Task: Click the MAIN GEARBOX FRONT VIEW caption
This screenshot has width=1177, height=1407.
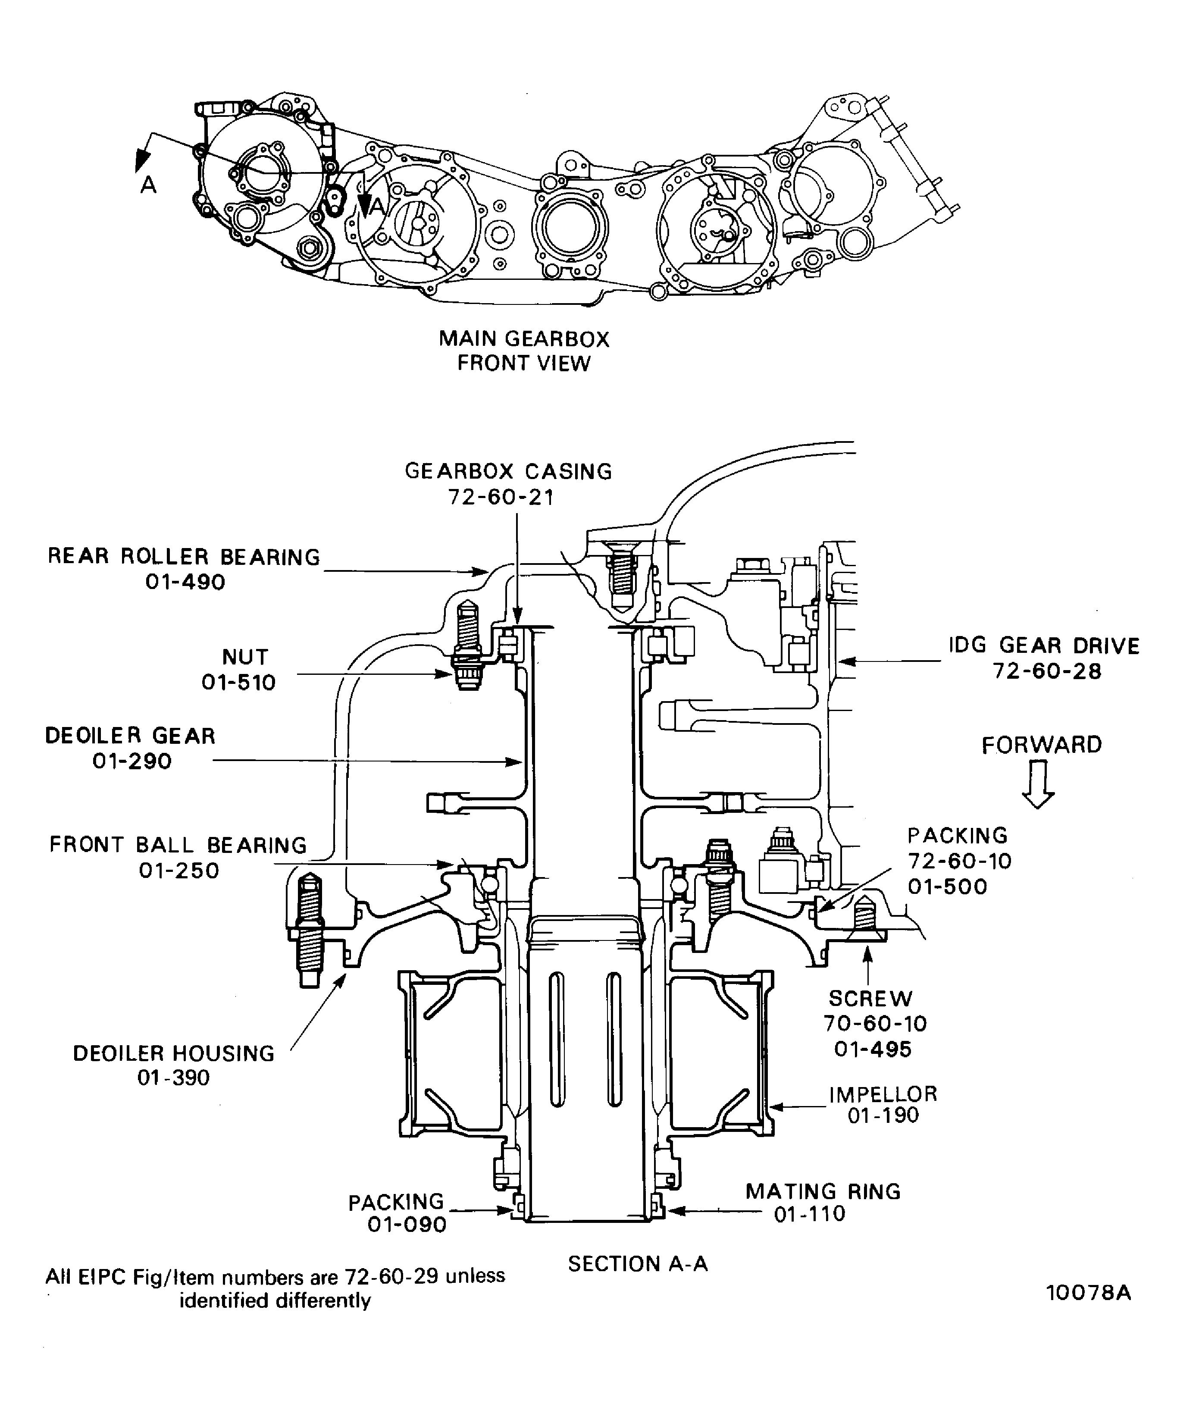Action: (x=524, y=351)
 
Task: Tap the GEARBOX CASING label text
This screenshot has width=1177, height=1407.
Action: (x=508, y=472)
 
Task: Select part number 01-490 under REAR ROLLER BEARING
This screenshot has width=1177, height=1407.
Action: (x=185, y=582)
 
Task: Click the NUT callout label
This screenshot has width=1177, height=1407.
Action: (x=245, y=657)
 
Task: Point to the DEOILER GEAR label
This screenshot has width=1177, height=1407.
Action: (x=130, y=736)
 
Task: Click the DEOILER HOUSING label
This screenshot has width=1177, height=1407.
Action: (x=173, y=1053)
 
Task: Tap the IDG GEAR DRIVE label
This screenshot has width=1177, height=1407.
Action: (x=1044, y=646)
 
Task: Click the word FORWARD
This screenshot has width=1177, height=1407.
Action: (x=1042, y=745)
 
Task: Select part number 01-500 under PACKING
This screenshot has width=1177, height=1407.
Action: (x=947, y=887)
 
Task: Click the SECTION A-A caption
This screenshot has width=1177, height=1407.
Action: (x=638, y=1263)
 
